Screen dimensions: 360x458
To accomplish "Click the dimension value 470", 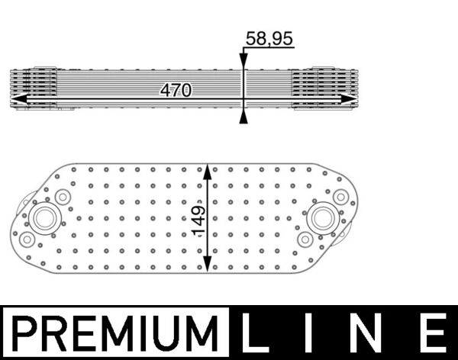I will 176,90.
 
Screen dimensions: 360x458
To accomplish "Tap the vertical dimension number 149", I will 198,220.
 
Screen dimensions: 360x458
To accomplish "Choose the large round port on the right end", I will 322,217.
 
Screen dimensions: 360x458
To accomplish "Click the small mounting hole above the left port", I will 63,197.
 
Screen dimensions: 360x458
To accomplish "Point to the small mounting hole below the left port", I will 27,239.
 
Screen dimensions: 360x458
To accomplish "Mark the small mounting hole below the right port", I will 305,239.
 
